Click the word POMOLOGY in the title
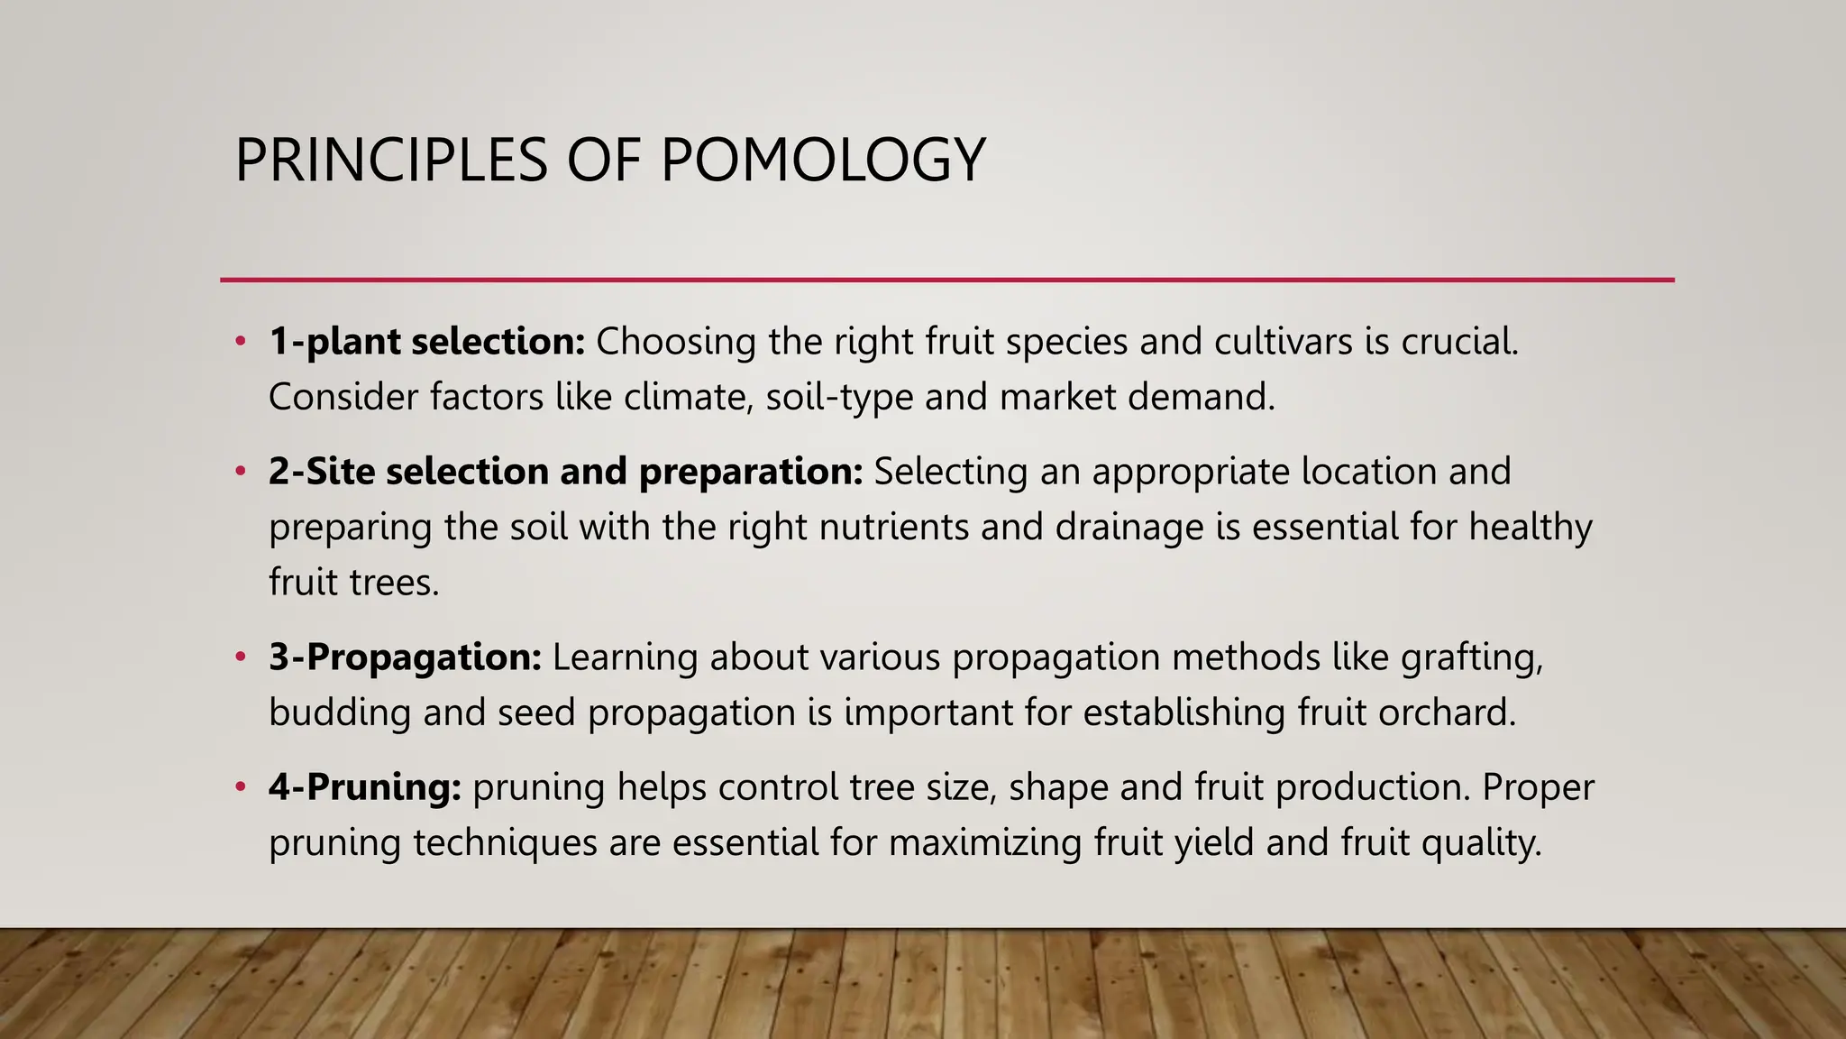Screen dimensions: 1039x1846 (822, 161)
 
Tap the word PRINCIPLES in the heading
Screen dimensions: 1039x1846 (391, 161)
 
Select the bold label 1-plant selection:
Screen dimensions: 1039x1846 (427, 342)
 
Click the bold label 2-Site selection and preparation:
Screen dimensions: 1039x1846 (566, 472)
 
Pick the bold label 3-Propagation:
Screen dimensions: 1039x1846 (405, 657)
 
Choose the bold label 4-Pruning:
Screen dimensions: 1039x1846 (365, 787)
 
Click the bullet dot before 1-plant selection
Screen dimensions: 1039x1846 (240, 342)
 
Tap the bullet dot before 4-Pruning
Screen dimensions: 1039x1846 (240, 787)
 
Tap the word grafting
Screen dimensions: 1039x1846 (1472, 657)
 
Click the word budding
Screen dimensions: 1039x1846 (340, 713)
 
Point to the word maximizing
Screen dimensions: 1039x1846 (985, 843)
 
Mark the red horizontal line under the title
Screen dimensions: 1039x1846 (946, 280)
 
